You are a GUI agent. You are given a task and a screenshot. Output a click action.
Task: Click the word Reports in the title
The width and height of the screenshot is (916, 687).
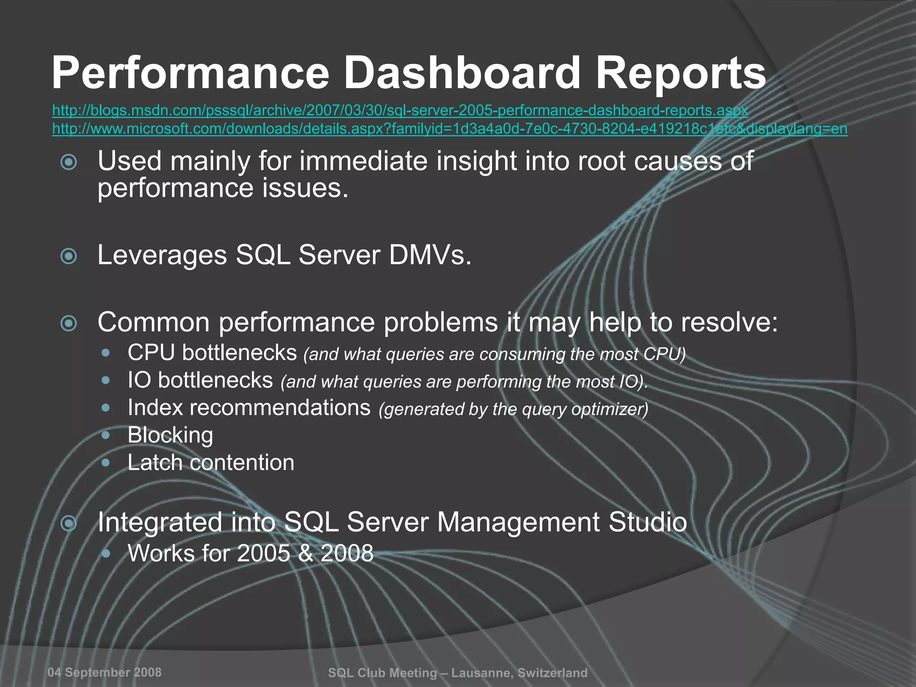681,73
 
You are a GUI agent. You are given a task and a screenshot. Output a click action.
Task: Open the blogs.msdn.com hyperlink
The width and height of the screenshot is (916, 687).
400,110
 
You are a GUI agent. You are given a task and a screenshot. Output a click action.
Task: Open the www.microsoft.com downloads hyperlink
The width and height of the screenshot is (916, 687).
450,129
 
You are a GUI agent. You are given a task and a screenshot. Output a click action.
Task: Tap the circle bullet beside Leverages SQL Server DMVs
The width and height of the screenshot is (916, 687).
69,256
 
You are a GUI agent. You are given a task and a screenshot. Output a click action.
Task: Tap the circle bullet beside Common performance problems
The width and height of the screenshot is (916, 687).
69,323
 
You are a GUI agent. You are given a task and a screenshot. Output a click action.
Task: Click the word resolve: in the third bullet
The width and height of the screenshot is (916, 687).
729,322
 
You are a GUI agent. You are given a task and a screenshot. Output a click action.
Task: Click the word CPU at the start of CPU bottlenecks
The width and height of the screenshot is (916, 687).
150,353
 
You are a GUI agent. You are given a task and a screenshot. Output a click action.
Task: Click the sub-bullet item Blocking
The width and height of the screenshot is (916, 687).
170,435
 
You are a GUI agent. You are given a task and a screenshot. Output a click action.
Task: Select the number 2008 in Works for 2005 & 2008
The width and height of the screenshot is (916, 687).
347,553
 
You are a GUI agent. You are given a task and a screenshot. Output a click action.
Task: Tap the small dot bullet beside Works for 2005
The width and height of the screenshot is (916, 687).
106,554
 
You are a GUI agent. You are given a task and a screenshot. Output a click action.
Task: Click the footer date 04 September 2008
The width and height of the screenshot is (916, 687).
104,672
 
